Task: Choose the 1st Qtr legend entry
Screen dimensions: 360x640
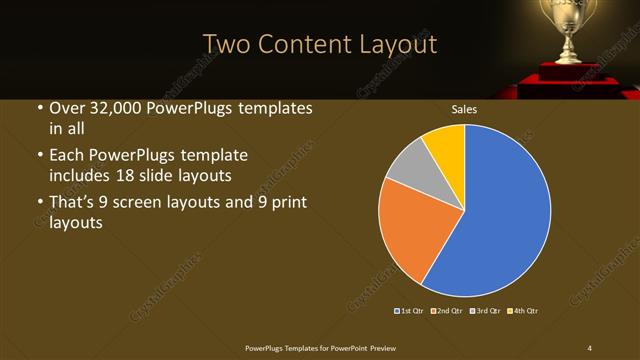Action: pos(411,311)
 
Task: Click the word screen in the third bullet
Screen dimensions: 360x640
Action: pos(152,204)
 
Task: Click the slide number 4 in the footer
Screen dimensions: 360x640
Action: pos(589,347)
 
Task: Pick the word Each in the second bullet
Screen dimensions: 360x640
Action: pos(64,157)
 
